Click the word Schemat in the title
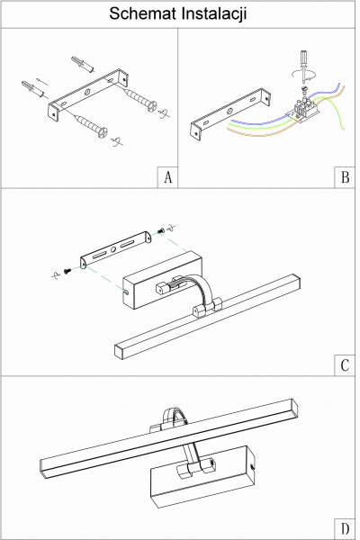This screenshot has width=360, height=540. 143,13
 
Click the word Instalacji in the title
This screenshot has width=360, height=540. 214,14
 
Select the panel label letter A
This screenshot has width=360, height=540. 167,177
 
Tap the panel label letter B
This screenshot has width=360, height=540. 345,177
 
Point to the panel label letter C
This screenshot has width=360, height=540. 345,365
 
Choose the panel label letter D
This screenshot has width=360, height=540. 345,528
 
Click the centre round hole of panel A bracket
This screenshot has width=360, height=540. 87,92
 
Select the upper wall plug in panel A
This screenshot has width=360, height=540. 83,65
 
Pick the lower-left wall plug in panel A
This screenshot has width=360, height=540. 32,89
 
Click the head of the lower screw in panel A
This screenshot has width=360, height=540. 103,132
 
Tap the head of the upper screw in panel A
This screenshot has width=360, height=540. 151,105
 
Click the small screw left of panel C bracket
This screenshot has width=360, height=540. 67,271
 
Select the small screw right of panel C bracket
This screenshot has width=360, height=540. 161,230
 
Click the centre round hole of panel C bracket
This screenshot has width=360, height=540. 113,249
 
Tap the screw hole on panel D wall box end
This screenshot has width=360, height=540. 253,466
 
